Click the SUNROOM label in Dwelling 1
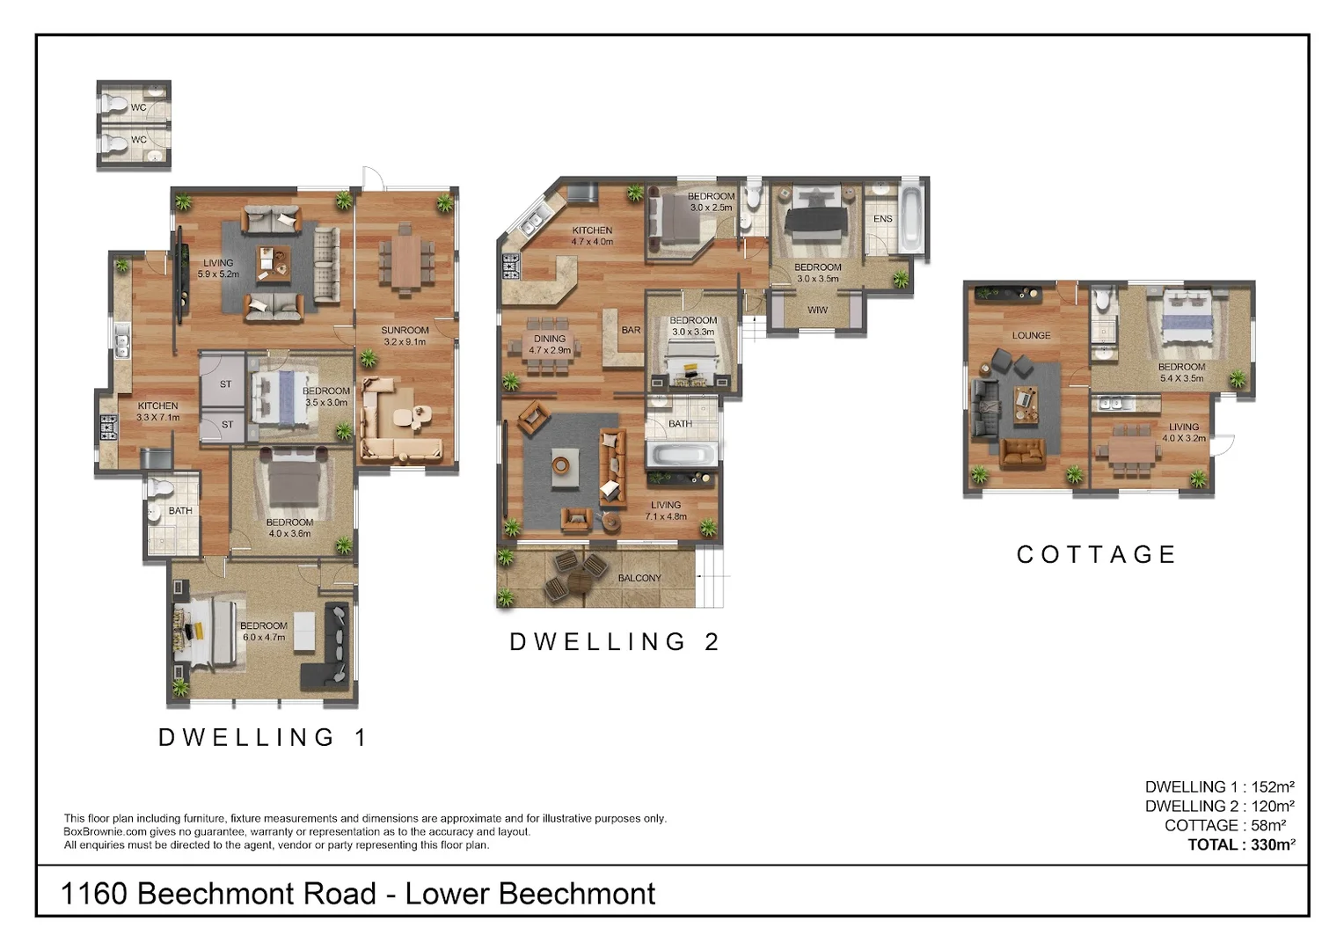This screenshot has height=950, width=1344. click(x=405, y=330)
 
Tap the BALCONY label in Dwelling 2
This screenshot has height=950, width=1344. click(x=639, y=578)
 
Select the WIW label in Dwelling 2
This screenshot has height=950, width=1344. click(x=817, y=310)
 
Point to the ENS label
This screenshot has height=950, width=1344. click(x=882, y=219)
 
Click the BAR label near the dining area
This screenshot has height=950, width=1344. click(x=631, y=330)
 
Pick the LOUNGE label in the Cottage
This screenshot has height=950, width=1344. click(x=1032, y=335)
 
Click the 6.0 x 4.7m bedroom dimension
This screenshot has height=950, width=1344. click(x=263, y=637)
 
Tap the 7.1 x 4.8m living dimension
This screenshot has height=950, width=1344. click(x=666, y=516)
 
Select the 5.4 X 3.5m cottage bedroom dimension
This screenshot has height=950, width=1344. click(x=1181, y=378)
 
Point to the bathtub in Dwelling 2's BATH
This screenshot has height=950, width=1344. click(x=683, y=454)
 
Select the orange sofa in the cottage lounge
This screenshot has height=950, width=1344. click(x=1022, y=453)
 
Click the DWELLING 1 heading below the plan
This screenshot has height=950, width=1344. click(x=261, y=737)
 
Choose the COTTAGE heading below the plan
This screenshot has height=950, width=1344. click(x=1096, y=554)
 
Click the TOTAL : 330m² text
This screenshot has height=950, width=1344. click(x=1241, y=844)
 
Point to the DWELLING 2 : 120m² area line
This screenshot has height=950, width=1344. click(x=1220, y=806)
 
